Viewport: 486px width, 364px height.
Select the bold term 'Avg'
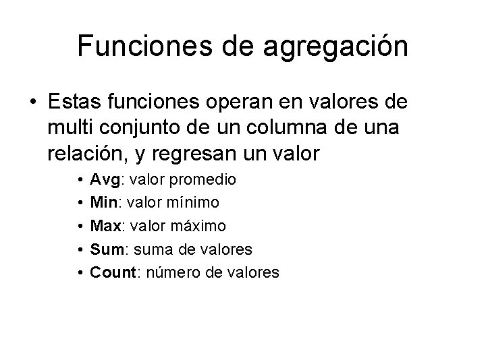[104, 180]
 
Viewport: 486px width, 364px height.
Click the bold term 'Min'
[103, 203]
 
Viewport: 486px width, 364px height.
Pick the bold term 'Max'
[105, 226]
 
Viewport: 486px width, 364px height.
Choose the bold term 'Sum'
[105, 249]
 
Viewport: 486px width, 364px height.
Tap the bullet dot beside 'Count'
[80, 273]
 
